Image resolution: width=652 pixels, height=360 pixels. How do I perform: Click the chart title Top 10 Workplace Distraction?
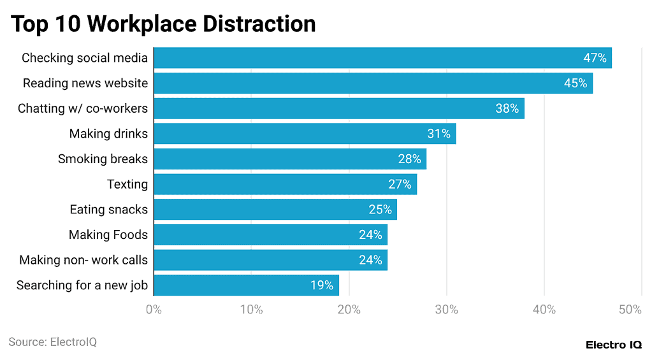(x=163, y=24)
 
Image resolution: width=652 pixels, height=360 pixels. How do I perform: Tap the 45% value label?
(x=575, y=83)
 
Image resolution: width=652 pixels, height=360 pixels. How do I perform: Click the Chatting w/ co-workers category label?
(x=82, y=108)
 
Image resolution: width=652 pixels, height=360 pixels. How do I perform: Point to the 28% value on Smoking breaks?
(x=409, y=159)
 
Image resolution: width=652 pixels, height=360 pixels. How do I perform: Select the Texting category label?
(x=127, y=184)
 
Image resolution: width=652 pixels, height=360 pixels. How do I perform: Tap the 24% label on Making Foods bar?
(x=370, y=234)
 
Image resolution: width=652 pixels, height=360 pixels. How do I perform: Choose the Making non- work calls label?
(x=83, y=260)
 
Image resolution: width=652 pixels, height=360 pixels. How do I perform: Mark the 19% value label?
(x=322, y=285)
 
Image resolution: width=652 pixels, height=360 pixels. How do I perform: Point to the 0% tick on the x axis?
(x=154, y=310)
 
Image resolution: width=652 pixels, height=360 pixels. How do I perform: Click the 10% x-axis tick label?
(x=251, y=310)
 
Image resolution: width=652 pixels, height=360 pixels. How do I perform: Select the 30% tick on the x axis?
(x=446, y=310)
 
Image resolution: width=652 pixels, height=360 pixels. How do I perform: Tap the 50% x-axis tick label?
(x=629, y=310)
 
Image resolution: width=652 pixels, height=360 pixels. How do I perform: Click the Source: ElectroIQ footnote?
(x=52, y=342)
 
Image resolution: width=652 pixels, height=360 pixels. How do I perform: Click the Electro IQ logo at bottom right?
(x=614, y=344)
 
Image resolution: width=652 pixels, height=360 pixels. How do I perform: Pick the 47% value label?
(x=595, y=58)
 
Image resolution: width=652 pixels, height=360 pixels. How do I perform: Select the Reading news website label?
(x=85, y=83)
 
